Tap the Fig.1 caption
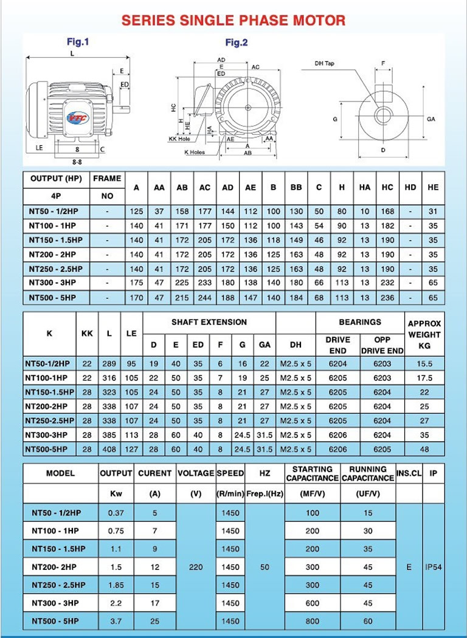tap(78, 42)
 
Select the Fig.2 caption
tap(237, 43)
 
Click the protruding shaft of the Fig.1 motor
tap(121, 109)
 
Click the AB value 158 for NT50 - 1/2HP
tap(182, 211)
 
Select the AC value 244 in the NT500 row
tap(205, 298)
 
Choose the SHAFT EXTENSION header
tap(209, 322)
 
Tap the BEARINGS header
tap(361, 322)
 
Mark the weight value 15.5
tap(424, 363)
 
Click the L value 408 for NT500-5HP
tap(109, 449)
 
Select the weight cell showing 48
tap(424, 449)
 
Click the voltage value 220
tap(196, 567)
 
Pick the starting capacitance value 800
tap(312, 622)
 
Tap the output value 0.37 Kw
tap(116, 513)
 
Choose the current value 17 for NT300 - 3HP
tap(155, 603)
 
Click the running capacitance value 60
tap(368, 622)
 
